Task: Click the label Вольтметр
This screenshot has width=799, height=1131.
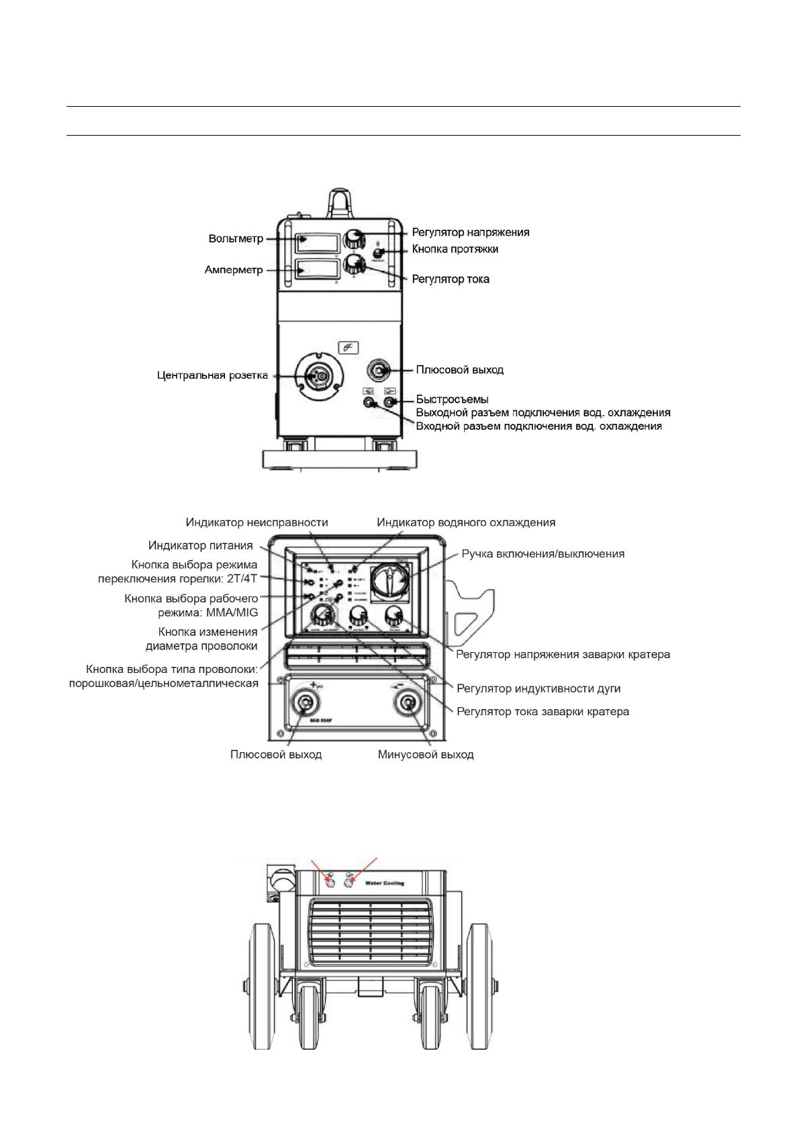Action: coord(236,238)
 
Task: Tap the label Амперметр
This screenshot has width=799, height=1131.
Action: coord(234,270)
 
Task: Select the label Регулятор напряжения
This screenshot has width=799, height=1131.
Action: coord(470,232)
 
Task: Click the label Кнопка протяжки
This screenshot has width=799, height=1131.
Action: coord(455,249)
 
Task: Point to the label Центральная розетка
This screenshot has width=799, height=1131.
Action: coord(212,375)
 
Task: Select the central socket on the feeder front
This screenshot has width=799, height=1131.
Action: coord(320,376)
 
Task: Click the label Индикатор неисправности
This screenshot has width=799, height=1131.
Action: coord(256,522)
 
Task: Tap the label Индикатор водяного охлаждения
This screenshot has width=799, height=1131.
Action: coord(466,522)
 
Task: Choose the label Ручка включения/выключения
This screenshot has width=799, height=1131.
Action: coord(543,554)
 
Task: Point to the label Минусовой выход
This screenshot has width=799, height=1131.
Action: coord(426,754)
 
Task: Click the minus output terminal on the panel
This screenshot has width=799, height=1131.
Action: coord(407,703)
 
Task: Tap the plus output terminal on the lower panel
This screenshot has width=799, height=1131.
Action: coord(305,703)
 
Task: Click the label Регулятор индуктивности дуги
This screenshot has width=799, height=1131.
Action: coord(538,688)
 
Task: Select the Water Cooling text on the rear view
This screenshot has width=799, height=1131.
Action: coord(384,883)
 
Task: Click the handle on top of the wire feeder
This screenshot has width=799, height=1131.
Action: coord(339,201)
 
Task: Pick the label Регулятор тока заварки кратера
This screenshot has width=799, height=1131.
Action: coord(543,711)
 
